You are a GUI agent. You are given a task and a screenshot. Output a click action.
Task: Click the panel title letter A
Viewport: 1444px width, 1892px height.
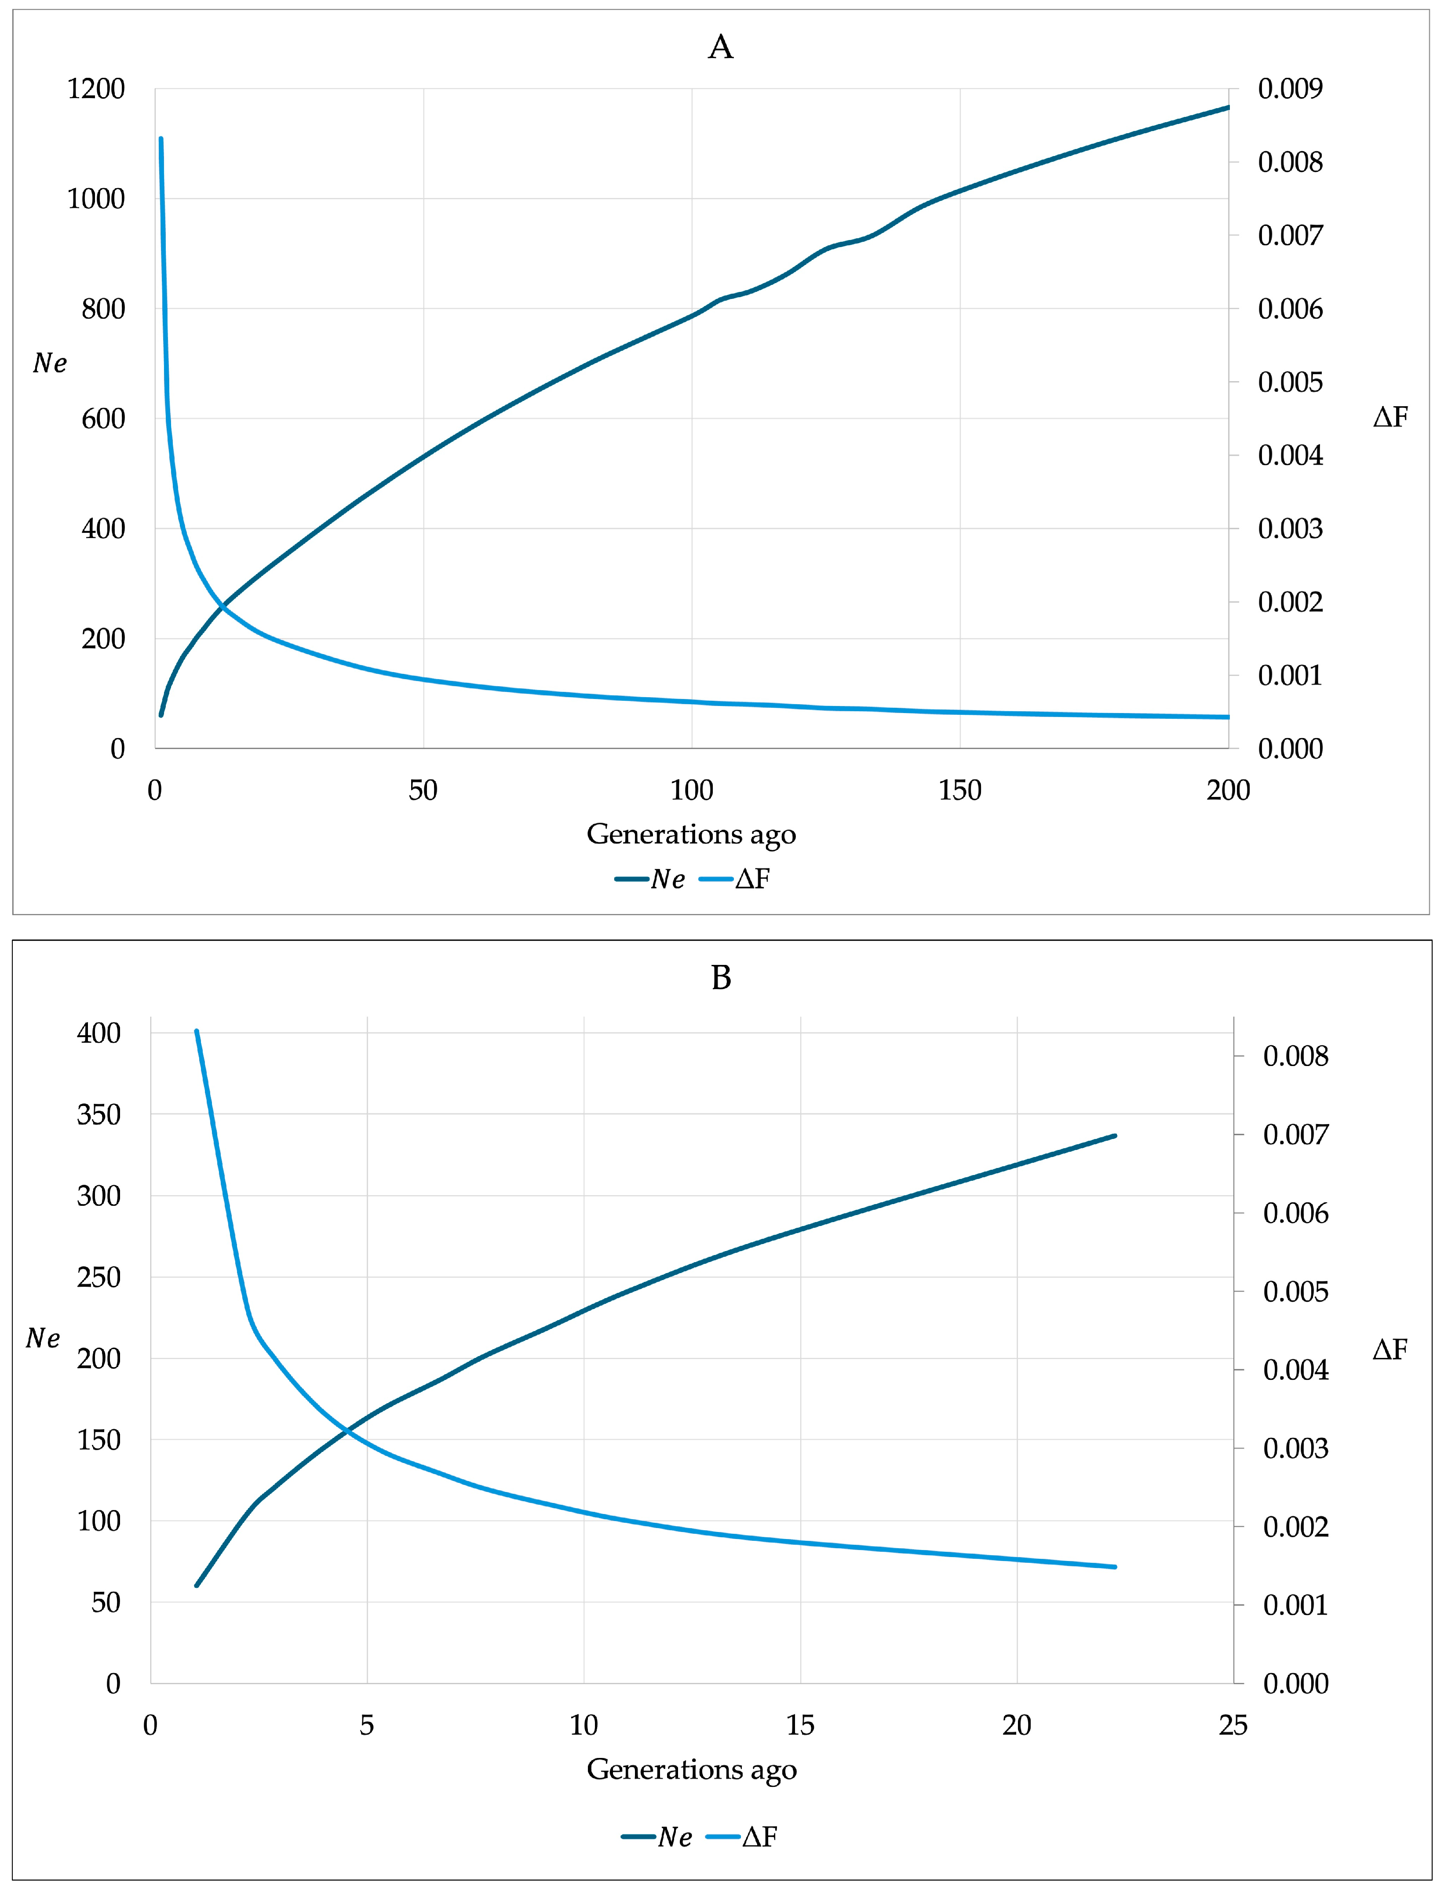720,47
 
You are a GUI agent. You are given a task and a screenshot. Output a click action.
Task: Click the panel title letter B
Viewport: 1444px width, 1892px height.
721,978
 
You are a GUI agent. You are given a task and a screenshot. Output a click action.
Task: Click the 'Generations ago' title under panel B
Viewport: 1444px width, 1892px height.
691,1769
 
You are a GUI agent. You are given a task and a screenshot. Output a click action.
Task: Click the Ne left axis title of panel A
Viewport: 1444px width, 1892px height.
50,364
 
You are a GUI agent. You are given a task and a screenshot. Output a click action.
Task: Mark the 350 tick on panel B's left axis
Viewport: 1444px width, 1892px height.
99,1114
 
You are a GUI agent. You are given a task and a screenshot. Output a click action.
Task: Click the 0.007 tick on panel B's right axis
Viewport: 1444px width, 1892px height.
1295,1135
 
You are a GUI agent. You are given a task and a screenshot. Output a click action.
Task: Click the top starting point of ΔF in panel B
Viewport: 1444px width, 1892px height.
197,1031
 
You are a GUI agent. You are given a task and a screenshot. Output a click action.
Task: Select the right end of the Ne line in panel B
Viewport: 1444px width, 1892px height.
1115,1136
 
